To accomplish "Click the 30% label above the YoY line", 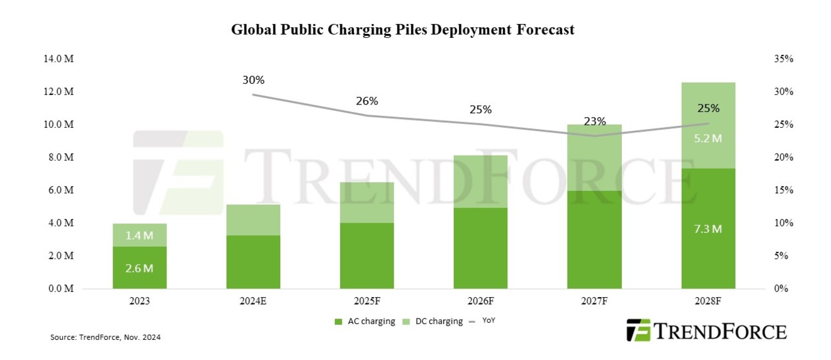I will tap(254, 81).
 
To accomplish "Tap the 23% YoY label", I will tap(594, 121).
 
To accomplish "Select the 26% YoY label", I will tap(367, 101).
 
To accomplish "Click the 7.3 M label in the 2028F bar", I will tap(708, 229).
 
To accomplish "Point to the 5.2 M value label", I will tap(708, 138).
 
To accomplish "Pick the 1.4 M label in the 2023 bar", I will tap(139, 236).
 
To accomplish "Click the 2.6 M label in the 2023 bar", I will tap(139, 269).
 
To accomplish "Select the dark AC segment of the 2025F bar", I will tap(367, 256).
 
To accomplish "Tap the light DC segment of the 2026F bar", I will tap(480, 181).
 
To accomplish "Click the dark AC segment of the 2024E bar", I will tap(253, 262).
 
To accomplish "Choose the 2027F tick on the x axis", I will tap(594, 301).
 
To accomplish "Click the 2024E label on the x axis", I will tap(253, 301).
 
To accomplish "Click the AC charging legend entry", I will tap(366, 322).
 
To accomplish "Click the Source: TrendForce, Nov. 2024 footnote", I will tap(106, 337).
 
